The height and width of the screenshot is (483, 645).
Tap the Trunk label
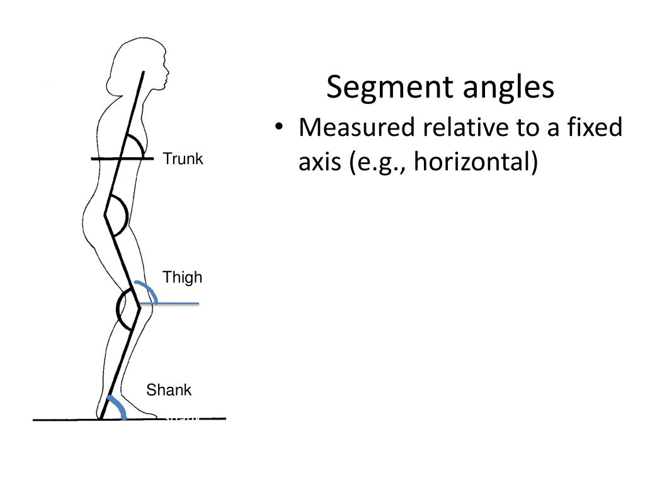183,159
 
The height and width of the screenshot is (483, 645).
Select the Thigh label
183,277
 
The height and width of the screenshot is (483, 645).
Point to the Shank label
169,390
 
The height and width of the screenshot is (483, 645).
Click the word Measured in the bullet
357,128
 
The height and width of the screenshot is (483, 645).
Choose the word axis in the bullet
320,162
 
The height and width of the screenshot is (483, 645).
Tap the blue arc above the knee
147,289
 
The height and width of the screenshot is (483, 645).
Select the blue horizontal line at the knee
170,304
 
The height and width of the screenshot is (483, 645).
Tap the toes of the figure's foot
151,414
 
